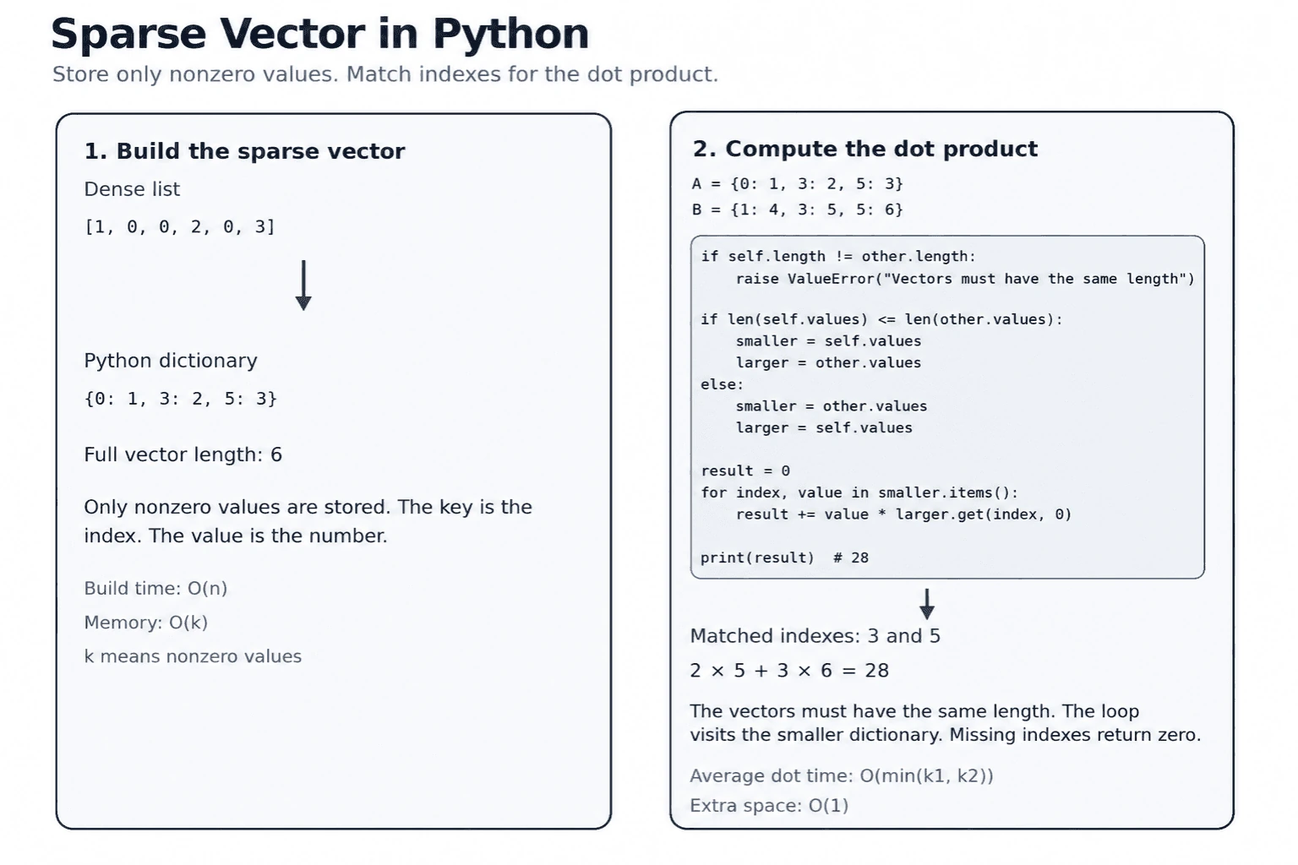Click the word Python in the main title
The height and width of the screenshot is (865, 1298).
510,35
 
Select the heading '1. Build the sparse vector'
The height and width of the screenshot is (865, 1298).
244,151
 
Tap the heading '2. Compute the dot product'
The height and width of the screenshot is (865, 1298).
865,149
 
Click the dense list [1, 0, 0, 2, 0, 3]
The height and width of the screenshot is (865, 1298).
180,226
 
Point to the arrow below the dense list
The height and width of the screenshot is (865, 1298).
303,285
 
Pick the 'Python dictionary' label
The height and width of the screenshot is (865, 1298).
171,361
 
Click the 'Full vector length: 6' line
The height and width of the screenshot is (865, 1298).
183,454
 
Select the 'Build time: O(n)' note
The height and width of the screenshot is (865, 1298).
155,589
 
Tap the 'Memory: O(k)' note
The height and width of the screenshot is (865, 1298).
146,623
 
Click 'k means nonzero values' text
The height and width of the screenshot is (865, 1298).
193,656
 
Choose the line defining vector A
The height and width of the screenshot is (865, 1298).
798,183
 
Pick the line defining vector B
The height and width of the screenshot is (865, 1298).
798,209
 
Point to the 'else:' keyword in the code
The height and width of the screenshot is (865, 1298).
722,384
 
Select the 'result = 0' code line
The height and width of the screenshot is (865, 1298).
745,471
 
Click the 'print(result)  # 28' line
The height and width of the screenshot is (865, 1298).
784,558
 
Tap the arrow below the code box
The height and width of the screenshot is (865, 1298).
927,604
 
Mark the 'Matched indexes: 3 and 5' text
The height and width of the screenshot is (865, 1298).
815,636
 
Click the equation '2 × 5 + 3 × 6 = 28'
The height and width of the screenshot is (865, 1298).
789,671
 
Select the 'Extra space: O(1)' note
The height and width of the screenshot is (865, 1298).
769,806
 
